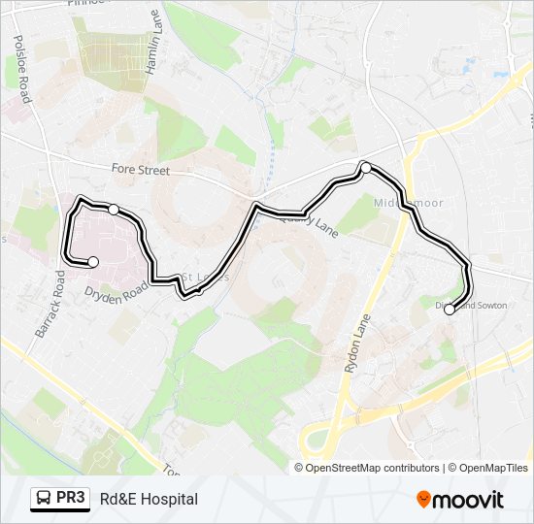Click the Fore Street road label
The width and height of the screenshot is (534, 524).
point(141,171)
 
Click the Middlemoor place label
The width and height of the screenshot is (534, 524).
point(402,201)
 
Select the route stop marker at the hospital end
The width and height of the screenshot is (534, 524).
point(93,261)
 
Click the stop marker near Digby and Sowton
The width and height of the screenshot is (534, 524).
point(449,311)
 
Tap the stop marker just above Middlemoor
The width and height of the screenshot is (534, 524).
point(366,168)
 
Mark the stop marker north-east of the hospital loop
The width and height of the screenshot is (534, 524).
point(114,210)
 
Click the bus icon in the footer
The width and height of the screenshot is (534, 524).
point(43,499)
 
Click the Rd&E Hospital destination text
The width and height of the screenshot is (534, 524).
point(149,499)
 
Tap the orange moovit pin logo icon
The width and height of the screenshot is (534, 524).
point(424,499)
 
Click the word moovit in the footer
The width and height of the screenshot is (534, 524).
point(470,499)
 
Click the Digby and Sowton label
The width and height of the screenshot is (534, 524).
point(472,305)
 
